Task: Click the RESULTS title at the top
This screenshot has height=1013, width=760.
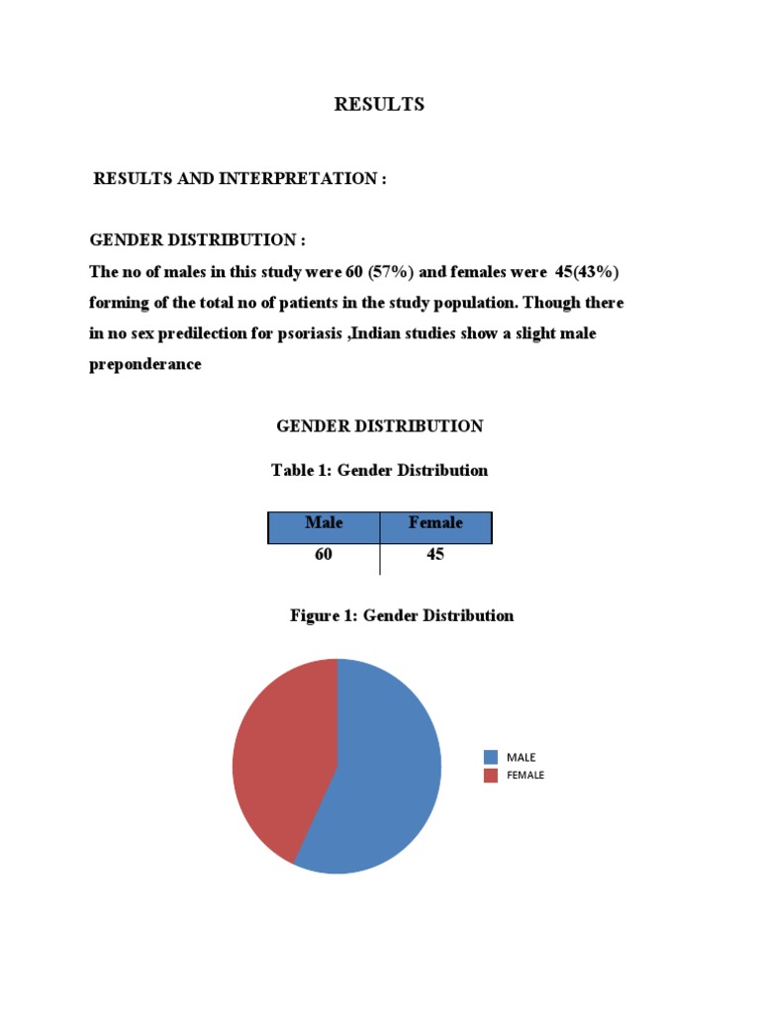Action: tap(379, 104)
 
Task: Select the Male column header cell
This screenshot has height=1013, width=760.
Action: tap(324, 522)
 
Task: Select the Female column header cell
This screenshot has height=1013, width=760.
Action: tap(435, 522)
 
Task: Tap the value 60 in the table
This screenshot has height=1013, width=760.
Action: tap(324, 555)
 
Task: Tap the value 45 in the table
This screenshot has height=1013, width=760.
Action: tap(435, 555)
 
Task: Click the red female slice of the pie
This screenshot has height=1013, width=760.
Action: tap(277, 752)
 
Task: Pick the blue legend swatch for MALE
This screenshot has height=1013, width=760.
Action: tap(492, 757)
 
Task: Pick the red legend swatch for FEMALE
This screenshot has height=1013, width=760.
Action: tap(492, 776)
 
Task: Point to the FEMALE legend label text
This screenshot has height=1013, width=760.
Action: tap(525, 776)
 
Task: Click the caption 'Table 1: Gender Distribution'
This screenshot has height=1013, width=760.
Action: tap(379, 471)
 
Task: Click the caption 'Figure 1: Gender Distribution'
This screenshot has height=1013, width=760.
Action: tap(401, 615)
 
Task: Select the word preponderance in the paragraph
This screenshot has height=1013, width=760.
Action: tap(145, 365)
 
